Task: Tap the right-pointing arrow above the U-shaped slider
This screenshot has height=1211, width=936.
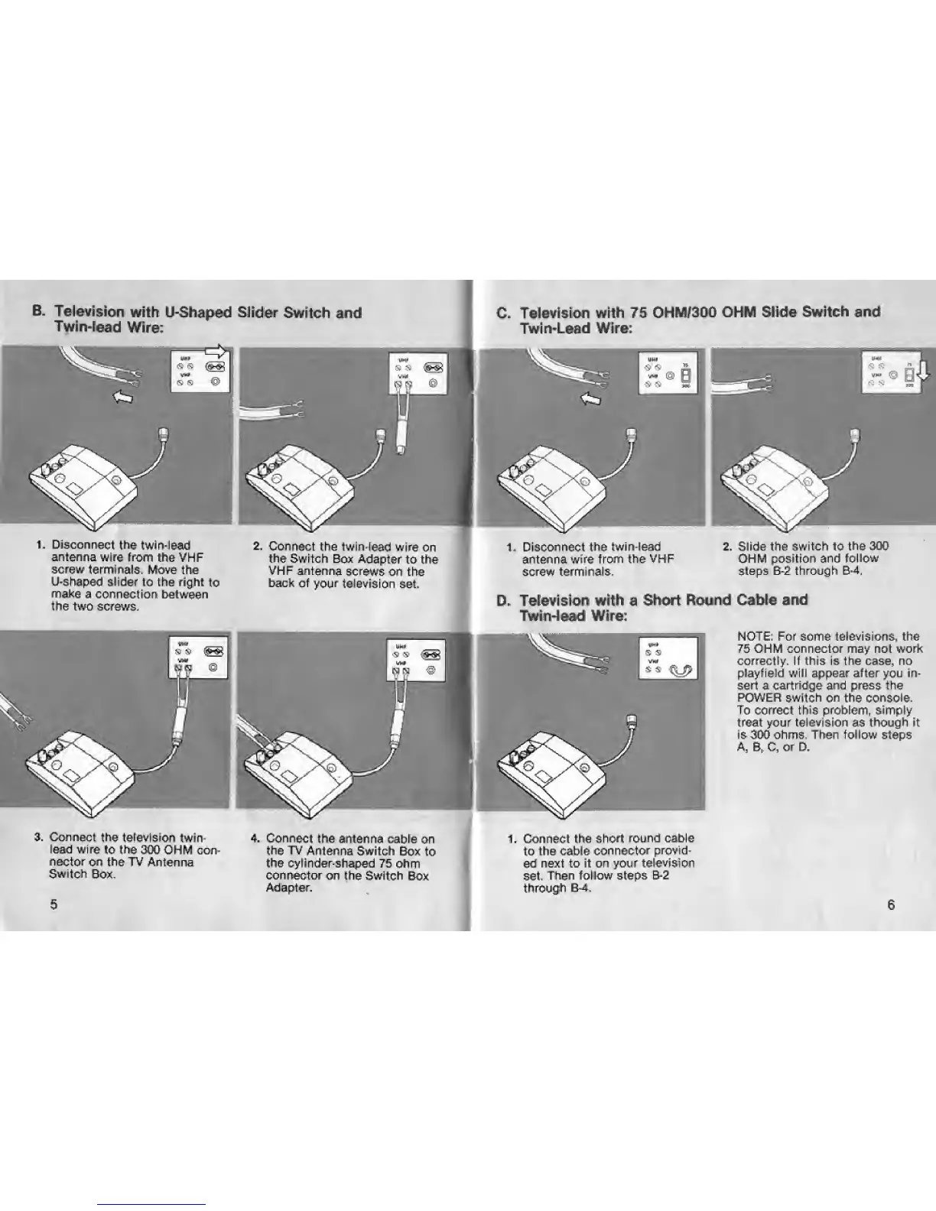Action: [217, 352]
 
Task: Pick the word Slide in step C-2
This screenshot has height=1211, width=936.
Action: [752, 546]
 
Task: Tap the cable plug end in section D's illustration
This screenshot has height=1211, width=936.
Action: [632, 721]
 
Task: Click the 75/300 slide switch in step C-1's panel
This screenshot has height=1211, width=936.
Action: [684, 377]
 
